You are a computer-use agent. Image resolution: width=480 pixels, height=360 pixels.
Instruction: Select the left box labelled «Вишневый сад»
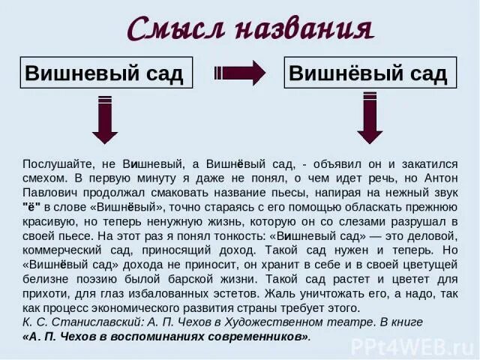[x=106, y=73]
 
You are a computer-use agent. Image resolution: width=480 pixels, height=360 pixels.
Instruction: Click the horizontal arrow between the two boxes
[x=240, y=73]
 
